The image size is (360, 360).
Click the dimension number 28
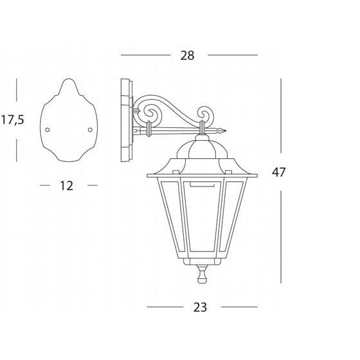187,55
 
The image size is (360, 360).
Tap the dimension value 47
278,172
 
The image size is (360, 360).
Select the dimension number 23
200,307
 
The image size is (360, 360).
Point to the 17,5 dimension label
13,120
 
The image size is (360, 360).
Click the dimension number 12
67,186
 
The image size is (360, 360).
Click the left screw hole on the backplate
48,130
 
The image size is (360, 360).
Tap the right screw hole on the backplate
90,130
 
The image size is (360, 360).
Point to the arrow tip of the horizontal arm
226,131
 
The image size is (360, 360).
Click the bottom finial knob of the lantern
203,274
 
